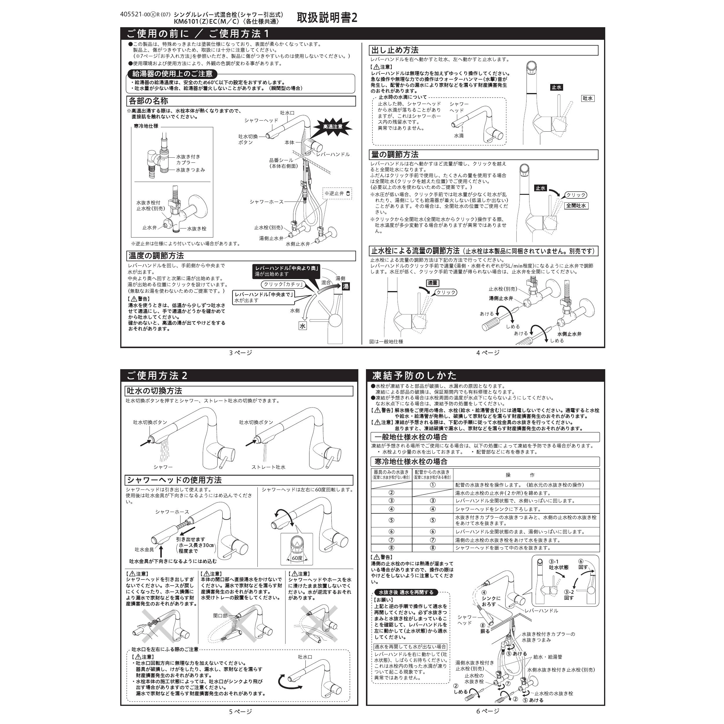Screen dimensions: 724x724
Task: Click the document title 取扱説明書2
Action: (x=327, y=18)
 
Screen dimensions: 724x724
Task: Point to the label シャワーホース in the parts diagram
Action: (x=266, y=202)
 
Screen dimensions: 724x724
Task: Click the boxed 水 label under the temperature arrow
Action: (x=302, y=326)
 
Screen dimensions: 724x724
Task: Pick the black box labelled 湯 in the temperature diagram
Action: (x=345, y=286)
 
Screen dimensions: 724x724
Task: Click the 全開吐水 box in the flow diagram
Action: (x=576, y=206)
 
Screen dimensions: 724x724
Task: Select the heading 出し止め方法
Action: (x=395, y=50)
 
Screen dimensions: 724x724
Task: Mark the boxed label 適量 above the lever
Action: (x=432, y=283)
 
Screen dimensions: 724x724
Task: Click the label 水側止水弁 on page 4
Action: (x=569, y=334)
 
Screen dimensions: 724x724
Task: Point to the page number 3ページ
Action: (x=240, y=352)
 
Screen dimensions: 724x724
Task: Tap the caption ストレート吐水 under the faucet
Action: (x=268, y=467)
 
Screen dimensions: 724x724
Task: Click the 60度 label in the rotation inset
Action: (x=297, y=558)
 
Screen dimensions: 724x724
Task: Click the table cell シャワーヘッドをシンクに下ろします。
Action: (x=498, y=509)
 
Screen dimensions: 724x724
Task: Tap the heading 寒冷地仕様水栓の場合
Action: (x=411, y=462)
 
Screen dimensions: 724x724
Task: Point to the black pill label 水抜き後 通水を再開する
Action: (x=405, y=592)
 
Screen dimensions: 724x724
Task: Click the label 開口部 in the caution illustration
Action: (x=220, y=616)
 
